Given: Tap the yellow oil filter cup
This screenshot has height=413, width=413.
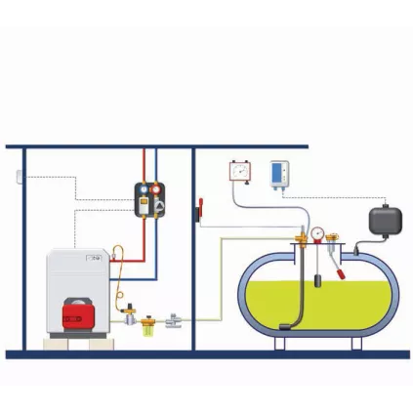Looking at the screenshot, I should (x=148, y=323).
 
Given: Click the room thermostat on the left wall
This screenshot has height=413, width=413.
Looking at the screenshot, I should (x=19, y=177).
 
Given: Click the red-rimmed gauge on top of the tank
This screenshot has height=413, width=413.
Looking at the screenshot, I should (x=317, y=234).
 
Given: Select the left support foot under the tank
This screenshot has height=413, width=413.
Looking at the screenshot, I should (x=281, y=343).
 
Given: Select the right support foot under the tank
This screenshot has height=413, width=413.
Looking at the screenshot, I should (x=357, y=343).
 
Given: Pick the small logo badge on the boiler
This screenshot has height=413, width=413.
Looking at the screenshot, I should (x=96, y=258).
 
